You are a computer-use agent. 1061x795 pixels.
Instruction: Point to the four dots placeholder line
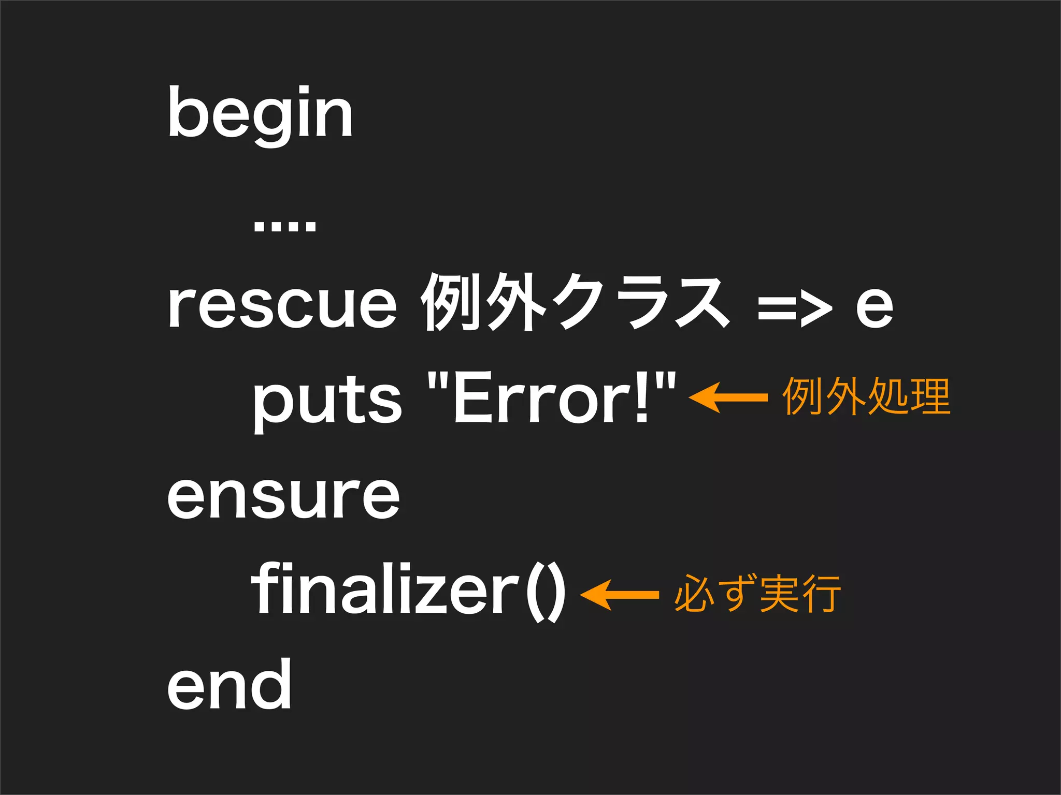coord(285,226)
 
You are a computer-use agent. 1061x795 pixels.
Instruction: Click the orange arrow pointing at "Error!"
coord(728,397)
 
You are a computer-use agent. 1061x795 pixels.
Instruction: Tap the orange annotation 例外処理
coord(866,396)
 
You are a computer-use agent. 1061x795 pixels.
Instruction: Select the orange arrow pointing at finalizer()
coord(619,595)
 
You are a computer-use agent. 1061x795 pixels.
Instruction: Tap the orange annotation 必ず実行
coord(757,594)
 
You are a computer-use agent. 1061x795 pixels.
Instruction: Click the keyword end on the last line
coord(229,685)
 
